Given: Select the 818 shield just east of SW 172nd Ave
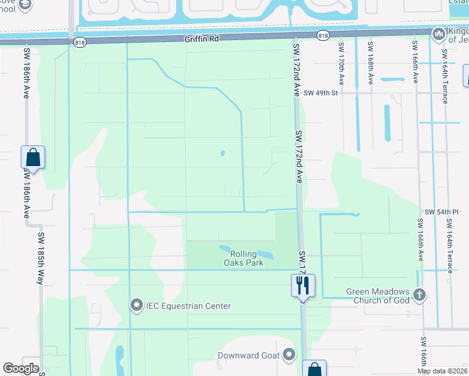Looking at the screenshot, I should click(322, 36).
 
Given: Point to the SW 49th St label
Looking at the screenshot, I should click(320, 93).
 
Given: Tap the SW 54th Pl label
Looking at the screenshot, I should click(442, 212).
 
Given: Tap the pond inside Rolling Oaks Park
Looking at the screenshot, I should click(248, 251).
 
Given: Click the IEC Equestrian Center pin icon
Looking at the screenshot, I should click(136, 305).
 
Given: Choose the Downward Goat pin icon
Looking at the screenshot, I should click(288, 355).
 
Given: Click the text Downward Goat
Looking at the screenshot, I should click(247, 356).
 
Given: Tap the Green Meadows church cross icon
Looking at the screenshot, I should click(419, 294).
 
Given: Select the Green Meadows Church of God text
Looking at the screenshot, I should click(379, 296).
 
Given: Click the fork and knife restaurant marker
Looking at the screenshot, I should click(303, 285).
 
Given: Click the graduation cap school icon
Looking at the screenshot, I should click(25, 5).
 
